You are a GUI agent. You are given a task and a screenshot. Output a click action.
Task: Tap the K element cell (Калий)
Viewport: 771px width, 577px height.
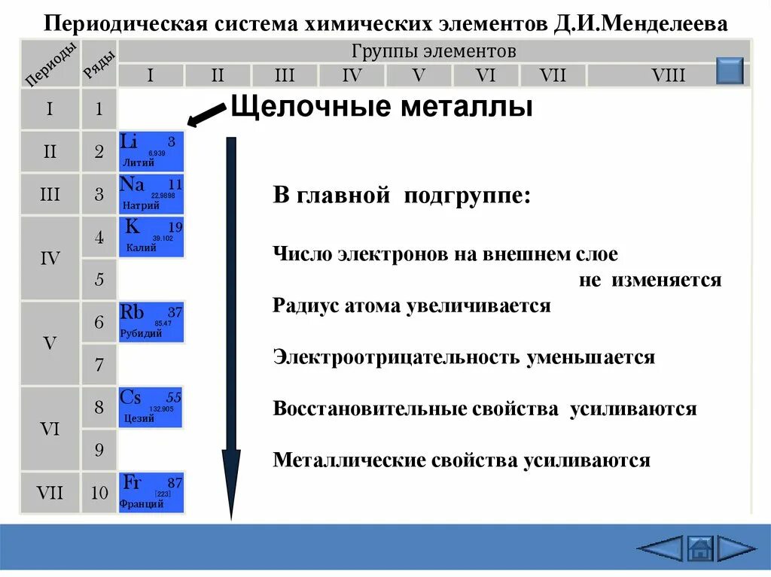point(151,237)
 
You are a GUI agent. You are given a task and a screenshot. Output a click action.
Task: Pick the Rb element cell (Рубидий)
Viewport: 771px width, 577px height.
point(151,322)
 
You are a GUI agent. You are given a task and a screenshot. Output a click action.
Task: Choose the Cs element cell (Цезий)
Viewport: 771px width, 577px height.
point(151,407)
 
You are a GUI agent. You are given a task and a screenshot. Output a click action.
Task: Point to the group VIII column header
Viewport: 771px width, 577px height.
point(669,75)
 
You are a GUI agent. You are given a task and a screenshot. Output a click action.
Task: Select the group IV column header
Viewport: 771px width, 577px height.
point(352,75)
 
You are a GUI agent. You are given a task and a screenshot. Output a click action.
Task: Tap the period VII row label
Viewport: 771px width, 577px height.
point(50,493)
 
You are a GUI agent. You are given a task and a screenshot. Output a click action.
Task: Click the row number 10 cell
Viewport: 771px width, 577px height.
point(99,493)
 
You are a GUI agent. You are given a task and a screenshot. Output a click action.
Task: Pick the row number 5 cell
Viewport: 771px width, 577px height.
point(99,281)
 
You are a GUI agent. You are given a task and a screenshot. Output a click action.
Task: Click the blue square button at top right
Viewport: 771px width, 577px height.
point(730,71)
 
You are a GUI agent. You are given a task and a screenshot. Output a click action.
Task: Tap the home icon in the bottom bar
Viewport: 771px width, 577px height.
point(700,548)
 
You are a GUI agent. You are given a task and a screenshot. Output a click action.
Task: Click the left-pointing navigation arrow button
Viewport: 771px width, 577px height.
point(660,548)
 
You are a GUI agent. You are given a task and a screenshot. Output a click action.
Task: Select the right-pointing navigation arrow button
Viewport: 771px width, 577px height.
point(736,548)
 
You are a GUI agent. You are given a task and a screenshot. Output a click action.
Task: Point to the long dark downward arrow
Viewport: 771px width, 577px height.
point(231,323)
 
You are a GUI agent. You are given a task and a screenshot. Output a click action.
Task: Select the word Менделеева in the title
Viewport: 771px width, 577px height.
point(671,24)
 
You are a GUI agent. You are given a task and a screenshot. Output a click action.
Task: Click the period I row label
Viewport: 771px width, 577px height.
point(50,109)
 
